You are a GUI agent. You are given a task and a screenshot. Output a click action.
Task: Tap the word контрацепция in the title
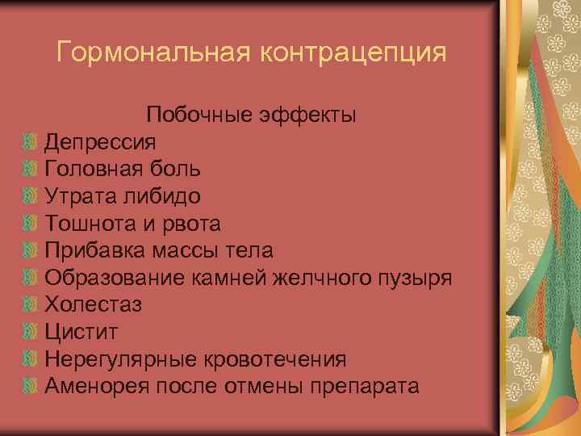tap(352, 53)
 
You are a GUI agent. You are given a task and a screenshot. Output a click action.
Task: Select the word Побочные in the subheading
tap(198, 115)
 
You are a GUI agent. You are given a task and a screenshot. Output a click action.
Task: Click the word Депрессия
tap(100, 142)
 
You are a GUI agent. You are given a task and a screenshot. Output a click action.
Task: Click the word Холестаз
tap(93, 305)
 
